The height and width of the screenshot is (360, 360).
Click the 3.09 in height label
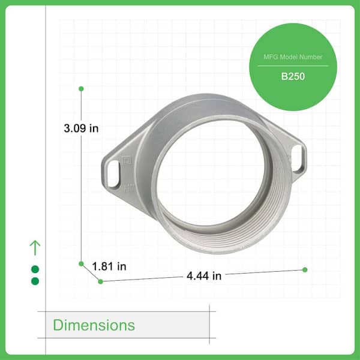tap(81, 128)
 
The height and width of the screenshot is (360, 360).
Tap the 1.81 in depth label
tap(109, 265)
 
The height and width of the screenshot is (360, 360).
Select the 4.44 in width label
tap(204, 276)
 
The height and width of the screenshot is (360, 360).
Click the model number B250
tap(293, 77)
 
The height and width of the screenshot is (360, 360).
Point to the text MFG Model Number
tap(293, 57)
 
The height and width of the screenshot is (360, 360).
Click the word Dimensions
tap(94, 325)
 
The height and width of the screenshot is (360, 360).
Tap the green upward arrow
tap(35, 247)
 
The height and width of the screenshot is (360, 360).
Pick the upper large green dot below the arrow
tap(35, 269)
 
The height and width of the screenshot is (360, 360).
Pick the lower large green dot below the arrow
tap(35, 281)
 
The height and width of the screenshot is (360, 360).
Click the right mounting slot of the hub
tap(298, 160)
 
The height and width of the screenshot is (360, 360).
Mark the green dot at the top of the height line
tap(81, 89)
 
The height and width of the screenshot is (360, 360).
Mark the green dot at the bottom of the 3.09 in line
tap(81, 263)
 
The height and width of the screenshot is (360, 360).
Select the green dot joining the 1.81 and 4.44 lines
tap(100, 281)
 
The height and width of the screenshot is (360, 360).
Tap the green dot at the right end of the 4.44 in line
tap(305, 269)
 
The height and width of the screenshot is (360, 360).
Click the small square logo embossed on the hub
tap(127, 160)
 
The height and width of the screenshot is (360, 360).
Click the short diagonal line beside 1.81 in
tap(91, 272)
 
